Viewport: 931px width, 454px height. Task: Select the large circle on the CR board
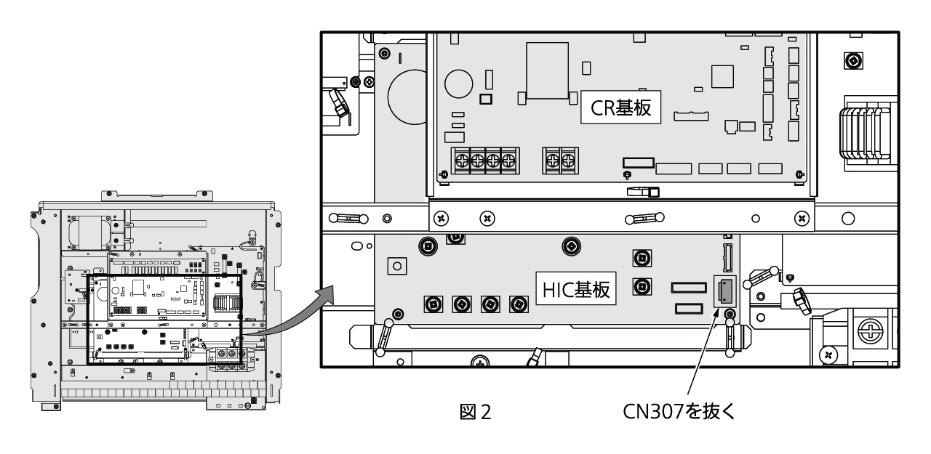point(458,84)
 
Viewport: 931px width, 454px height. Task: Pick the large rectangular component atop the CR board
point(547,70)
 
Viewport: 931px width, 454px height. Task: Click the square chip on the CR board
point(722,76)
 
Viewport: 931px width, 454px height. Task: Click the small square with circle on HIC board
point(397,266)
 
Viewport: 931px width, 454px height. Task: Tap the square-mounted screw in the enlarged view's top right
point(849,61)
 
